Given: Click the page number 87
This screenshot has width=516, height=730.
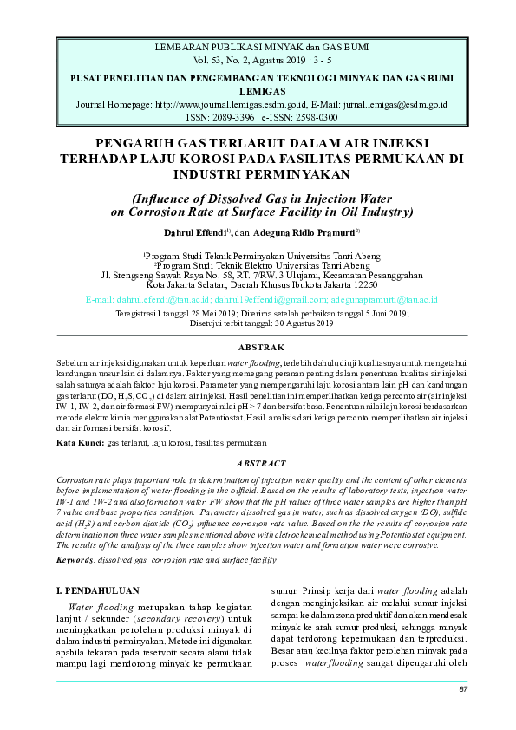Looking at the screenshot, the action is (463, 690).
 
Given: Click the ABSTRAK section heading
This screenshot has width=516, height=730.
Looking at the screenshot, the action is (258, 347).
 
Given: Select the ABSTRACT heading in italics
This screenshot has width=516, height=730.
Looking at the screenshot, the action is (258, 464).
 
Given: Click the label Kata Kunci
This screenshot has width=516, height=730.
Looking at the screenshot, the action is (75, 442).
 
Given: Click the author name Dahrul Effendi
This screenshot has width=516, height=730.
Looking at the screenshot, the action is (196, 233).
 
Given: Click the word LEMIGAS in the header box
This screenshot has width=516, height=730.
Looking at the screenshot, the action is (258, 90).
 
